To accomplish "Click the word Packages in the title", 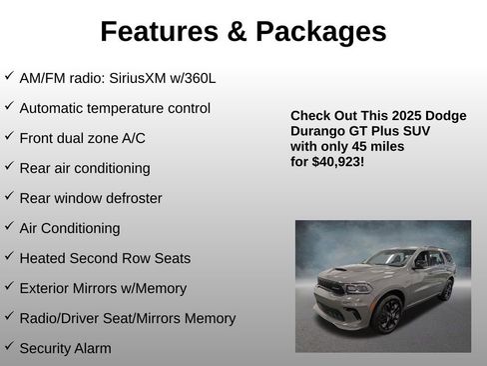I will click(321, 32).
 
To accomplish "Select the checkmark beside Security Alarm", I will click(9, 347).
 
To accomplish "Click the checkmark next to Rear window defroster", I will click(9, 197).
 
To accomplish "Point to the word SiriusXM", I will click(157, 78).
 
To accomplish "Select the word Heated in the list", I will click(43, 258).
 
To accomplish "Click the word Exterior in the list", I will click(46, 288).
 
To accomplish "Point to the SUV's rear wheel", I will click(445, 289).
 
